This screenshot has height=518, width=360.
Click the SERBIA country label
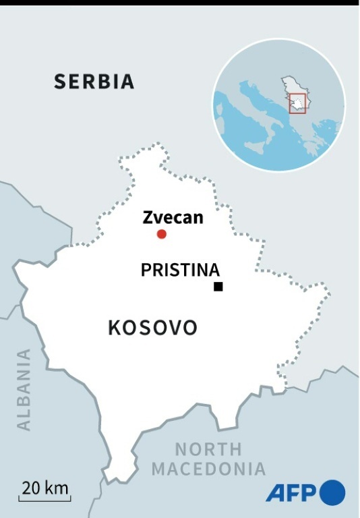coord(94,82)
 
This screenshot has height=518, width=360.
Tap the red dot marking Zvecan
coord(162,234)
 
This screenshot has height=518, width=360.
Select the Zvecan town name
coord(173,217)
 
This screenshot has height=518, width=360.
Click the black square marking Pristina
coord(218,287)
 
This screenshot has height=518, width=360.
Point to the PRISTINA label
coord(180,270)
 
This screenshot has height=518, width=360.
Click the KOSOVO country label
coord(152,328)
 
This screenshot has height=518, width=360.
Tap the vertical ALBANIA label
coord(24,389)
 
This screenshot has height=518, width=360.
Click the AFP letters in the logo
coord(292,493)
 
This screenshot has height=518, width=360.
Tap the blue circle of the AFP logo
coord(332,492)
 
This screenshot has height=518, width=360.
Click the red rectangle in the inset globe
coord(297,103)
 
